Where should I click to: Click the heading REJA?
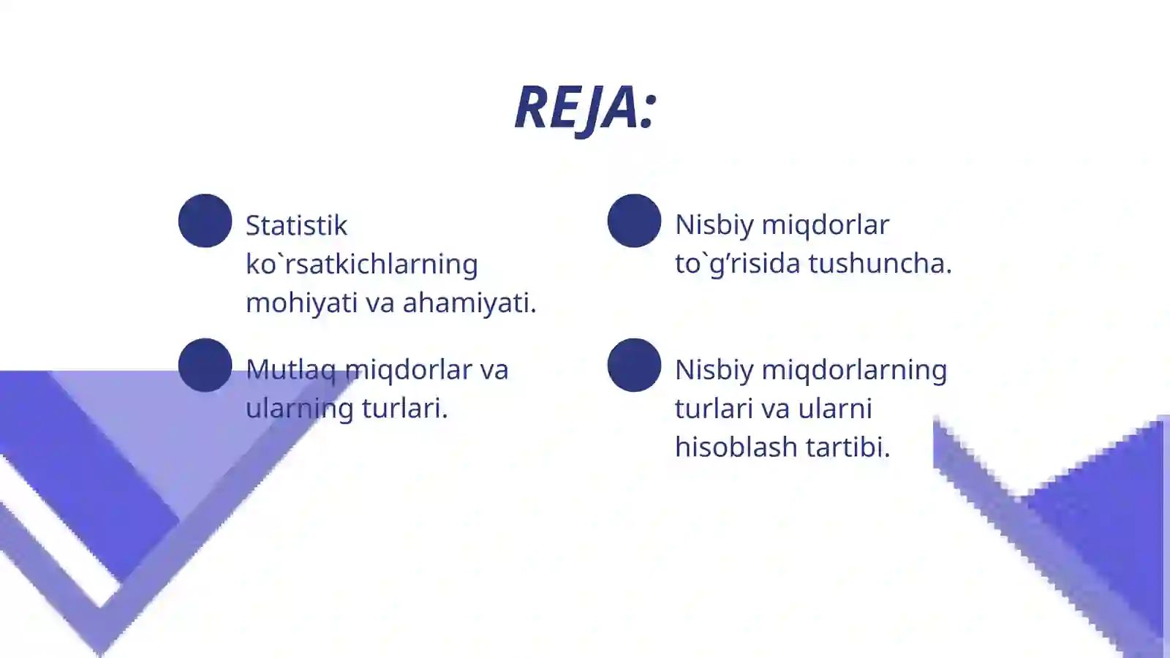point(585,108)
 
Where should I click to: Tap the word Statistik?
point(296,225)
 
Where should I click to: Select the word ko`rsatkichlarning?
point(361,264)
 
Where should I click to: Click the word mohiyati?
point(301,303)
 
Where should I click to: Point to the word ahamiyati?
point(469,303)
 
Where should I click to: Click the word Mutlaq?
point(290,370)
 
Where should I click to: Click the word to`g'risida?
point(737,263)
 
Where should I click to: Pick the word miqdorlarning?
point(853,370)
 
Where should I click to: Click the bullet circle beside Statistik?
point(205,221)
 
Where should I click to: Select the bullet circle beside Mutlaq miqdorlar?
point(205,365)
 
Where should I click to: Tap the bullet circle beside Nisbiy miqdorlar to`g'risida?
point(634,221)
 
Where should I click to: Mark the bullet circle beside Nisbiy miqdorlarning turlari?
point(634,365)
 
